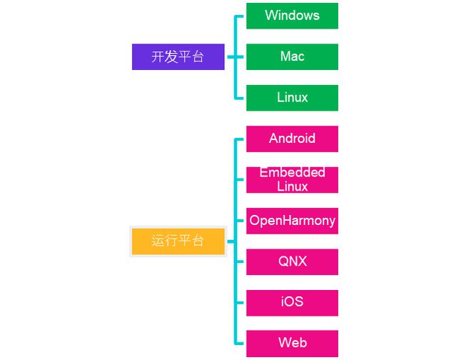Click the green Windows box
pos(292,16)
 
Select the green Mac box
pos(292,56)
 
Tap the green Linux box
pos(292,98)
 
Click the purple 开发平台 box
pos(178,57)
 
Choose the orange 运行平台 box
pos(178,241)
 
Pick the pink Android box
pos(292,139)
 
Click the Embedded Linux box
pos(292,180)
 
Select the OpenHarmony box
pos(292,221)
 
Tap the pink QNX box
pos(292,261)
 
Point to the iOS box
pos(292,302)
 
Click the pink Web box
pos(292,344)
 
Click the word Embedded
pos(293,173)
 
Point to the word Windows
pos(292,16)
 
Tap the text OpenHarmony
pos(292,221)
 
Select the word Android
pos(292,139)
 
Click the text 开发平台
pos(178,57)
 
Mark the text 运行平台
pos(178,241)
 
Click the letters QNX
pos(292,261)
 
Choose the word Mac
pos(292,56)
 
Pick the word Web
pos(292,344)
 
